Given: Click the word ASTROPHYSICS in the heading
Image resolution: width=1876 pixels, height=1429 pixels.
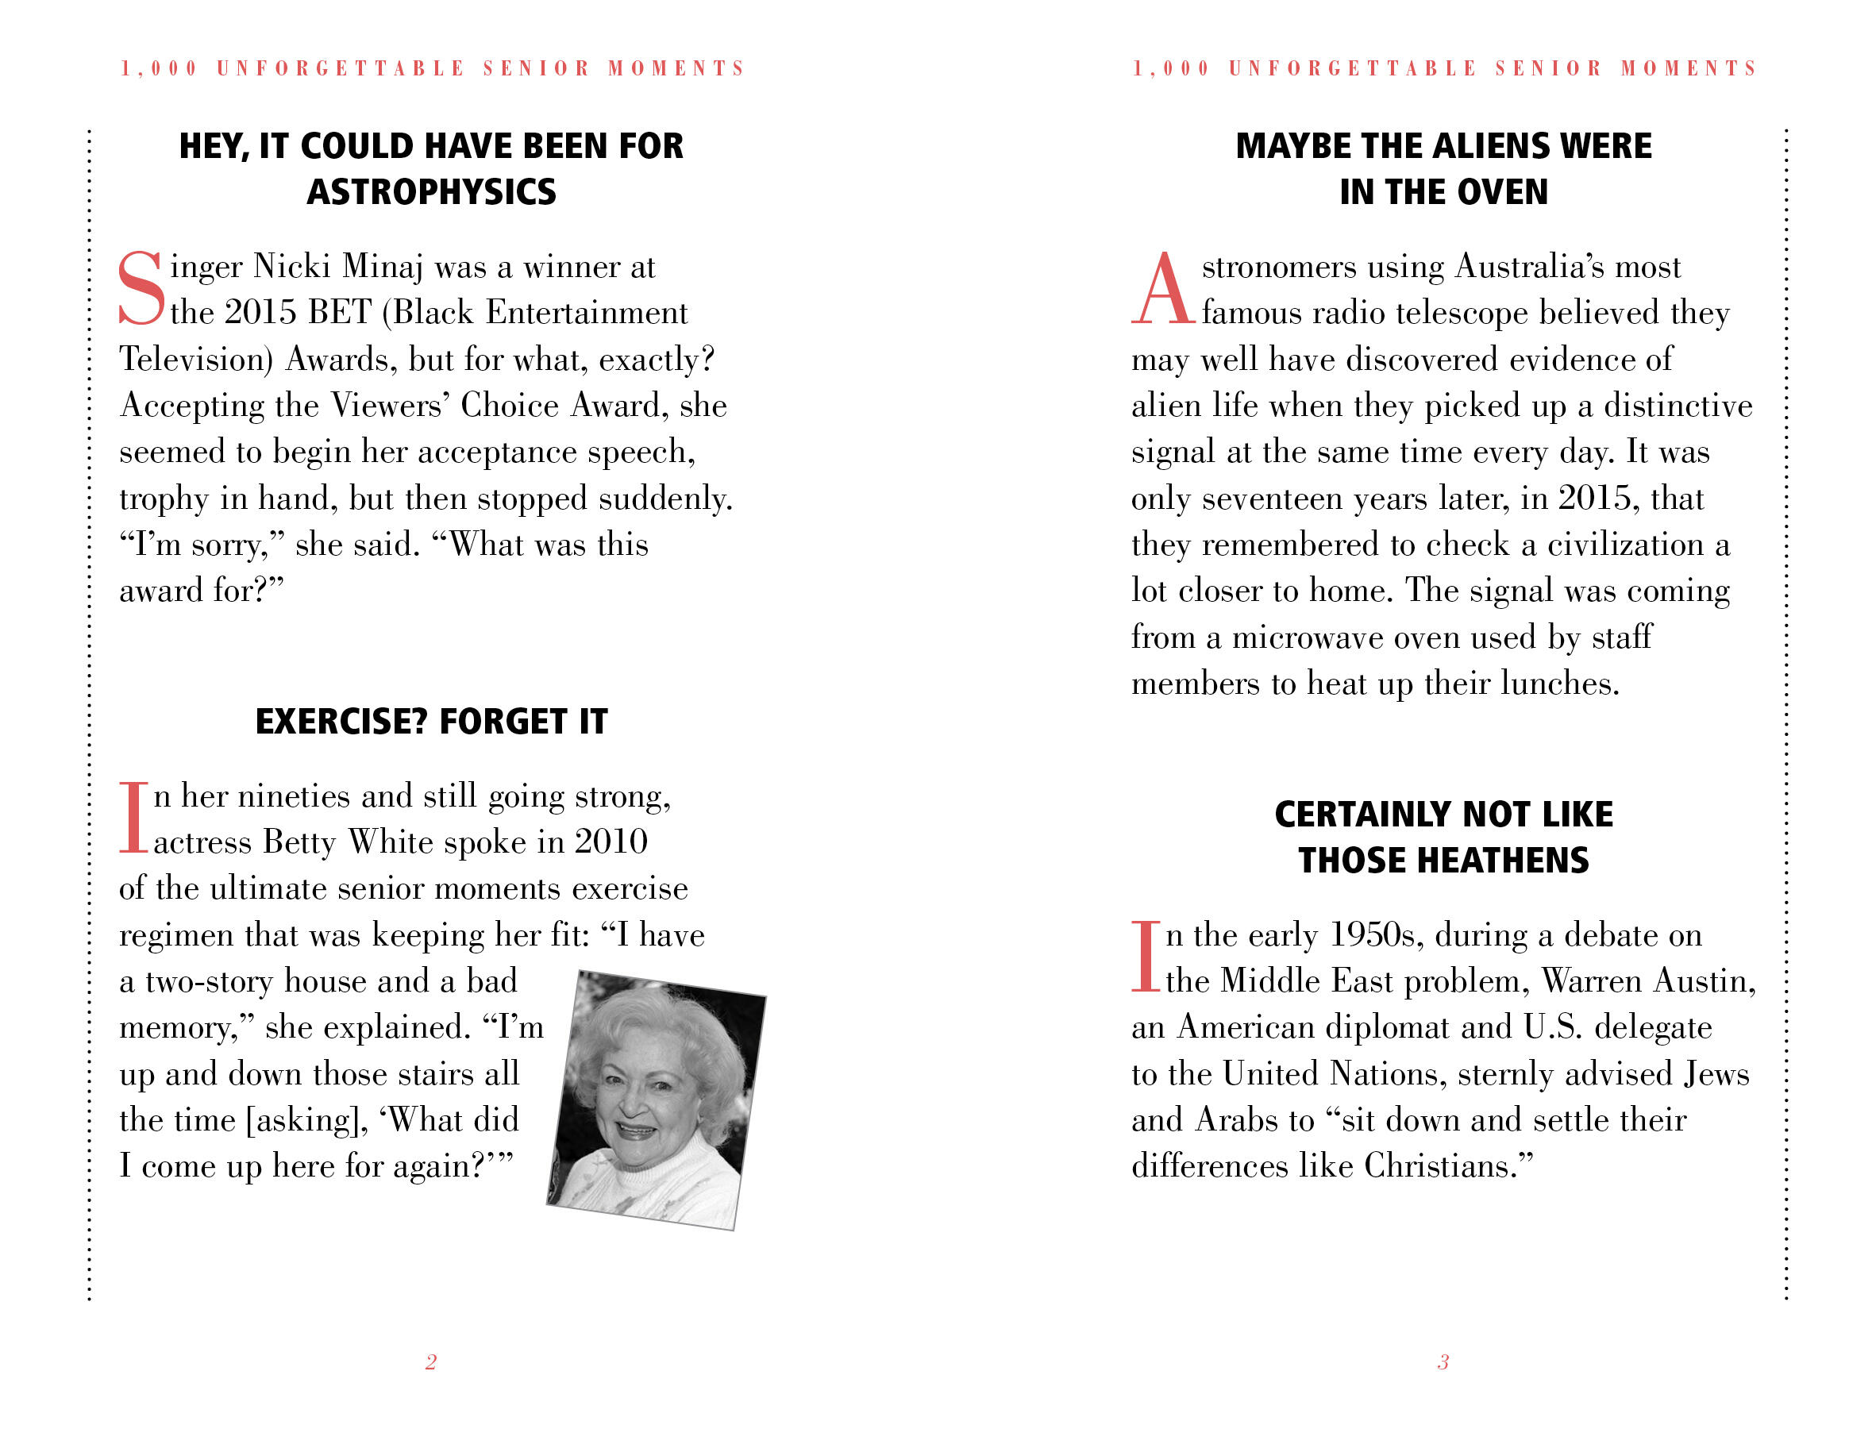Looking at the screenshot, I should (x=431, y=192).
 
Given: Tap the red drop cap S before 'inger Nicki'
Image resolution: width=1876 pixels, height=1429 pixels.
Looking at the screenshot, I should (x=141, y=289).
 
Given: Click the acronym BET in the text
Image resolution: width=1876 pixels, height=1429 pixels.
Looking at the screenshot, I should (x=339, y=312).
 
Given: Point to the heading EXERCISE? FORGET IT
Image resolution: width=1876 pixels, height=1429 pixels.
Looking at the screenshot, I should (x=431, y=722).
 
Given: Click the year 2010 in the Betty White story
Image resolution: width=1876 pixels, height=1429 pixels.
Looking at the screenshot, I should (x=611, y=842).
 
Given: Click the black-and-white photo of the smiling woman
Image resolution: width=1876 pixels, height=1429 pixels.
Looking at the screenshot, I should (x=656, y=1099).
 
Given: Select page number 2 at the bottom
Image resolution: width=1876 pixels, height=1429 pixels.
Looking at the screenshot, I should (x=430, y=1362).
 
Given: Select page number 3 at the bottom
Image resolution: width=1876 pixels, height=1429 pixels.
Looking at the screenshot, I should (x=1443, y=1362).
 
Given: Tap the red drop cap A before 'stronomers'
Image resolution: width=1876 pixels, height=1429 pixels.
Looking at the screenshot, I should (x=1161, y=289).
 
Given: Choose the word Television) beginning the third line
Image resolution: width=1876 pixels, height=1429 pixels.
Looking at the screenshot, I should (x=195, y=359).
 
